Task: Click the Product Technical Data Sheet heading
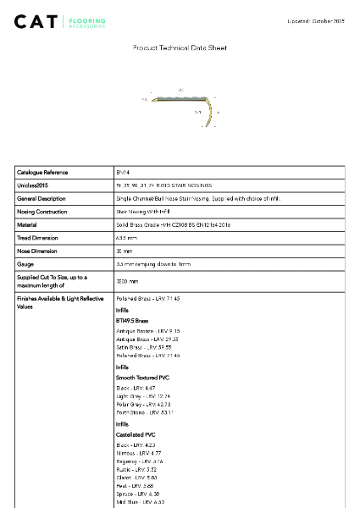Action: pos(180,48)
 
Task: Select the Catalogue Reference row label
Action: pos(42,172)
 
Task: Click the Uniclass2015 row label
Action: pos(33,185)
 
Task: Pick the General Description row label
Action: pos(42,198)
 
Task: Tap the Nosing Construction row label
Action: pos(42,212)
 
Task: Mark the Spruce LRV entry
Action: pos(136,494)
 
